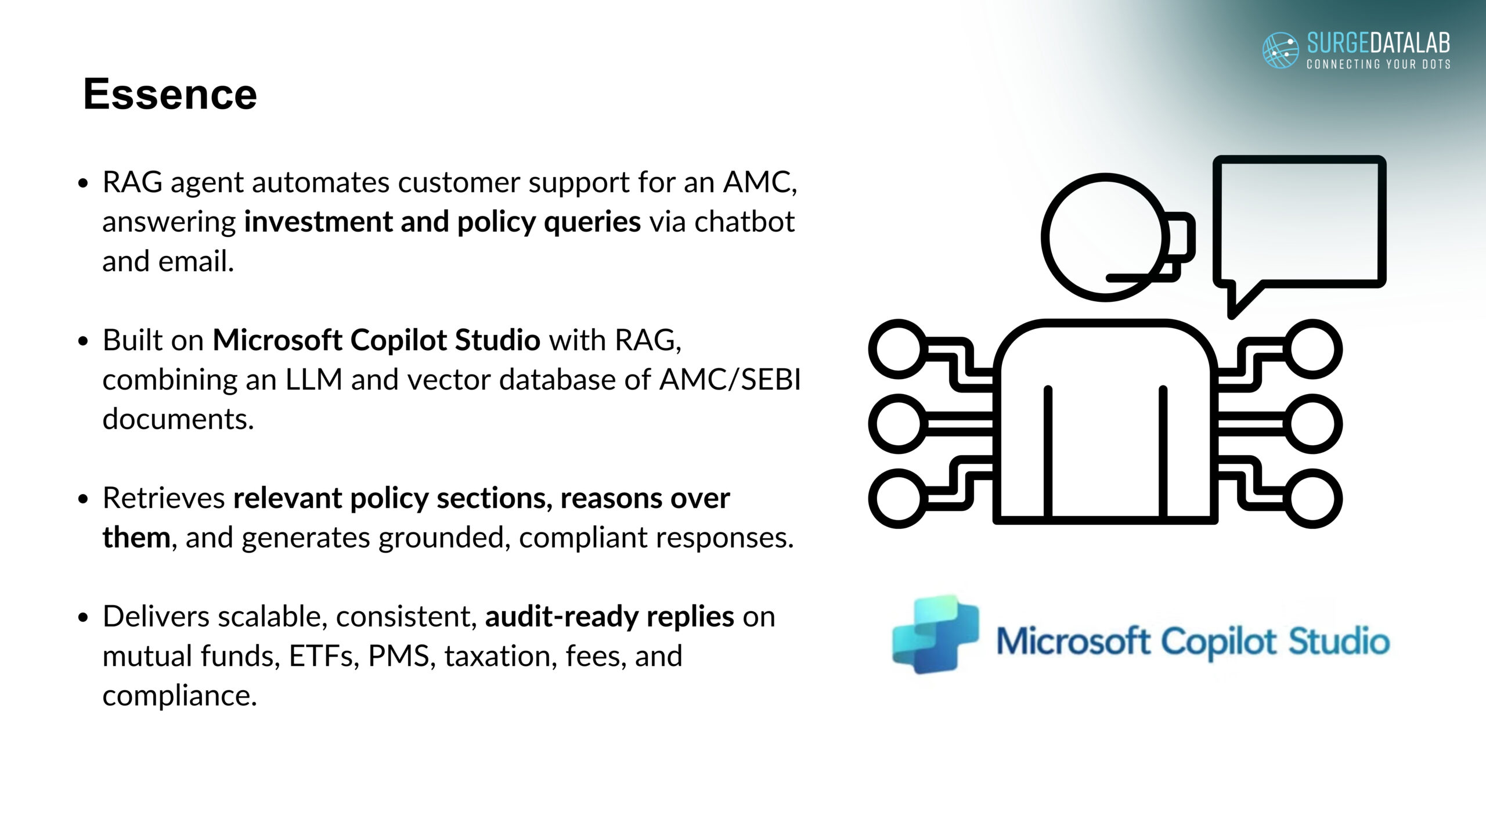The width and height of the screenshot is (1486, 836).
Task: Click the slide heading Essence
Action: [170, 94]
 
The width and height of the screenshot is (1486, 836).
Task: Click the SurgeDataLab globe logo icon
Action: [1281, 50]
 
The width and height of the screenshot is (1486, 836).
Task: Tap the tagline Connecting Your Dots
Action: [1379, 64]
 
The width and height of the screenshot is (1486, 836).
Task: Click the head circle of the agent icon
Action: [1045, 237]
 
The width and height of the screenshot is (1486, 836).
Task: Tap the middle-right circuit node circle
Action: [1312, 424]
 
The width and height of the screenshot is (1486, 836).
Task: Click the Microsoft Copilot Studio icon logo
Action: [935, 635]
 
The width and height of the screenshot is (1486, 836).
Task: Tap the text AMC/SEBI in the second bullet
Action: [730, 380]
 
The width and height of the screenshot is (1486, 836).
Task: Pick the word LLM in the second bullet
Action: [313, 380]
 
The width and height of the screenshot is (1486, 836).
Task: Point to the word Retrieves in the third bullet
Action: [164, 498]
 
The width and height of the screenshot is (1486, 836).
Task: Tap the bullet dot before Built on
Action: [84, 341]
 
